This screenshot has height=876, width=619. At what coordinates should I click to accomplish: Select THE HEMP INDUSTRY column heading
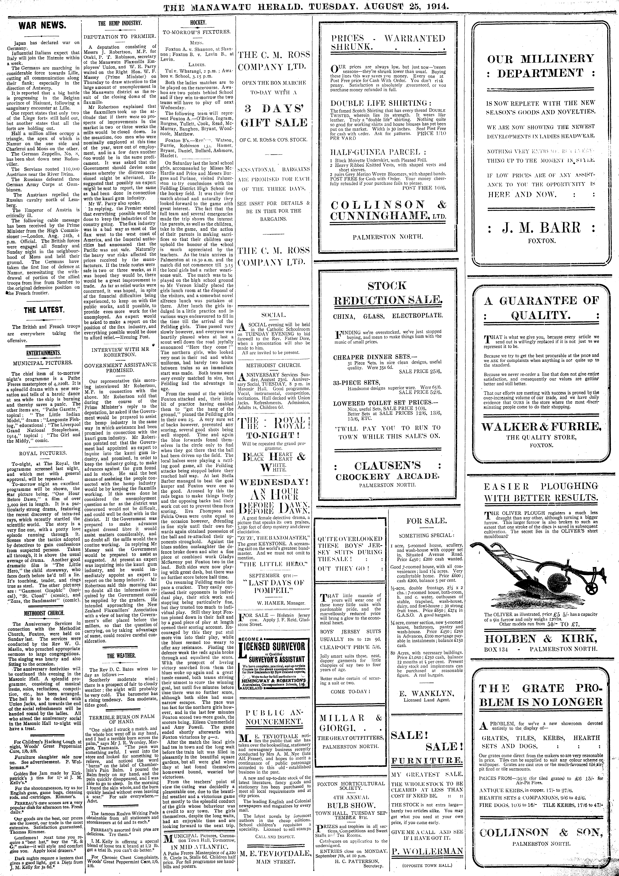click(x=120, y=23)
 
